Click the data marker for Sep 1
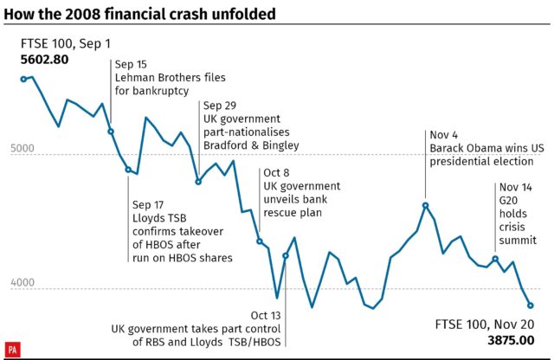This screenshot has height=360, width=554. tap(23, 79)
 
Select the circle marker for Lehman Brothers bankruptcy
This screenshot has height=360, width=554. tap(111, 132)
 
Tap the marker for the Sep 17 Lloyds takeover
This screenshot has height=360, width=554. tap(128, 170)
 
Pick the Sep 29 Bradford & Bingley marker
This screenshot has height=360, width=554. tap(198, 182)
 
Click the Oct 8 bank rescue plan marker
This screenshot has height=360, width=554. tap(259, 241)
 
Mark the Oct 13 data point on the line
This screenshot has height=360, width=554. tap(286, 256)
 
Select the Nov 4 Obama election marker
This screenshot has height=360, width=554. tap(426, 205)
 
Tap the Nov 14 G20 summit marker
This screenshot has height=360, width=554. tap(495, 259)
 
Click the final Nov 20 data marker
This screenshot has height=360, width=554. tap(531, 305)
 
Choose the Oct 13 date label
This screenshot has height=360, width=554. tap(266, 315)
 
